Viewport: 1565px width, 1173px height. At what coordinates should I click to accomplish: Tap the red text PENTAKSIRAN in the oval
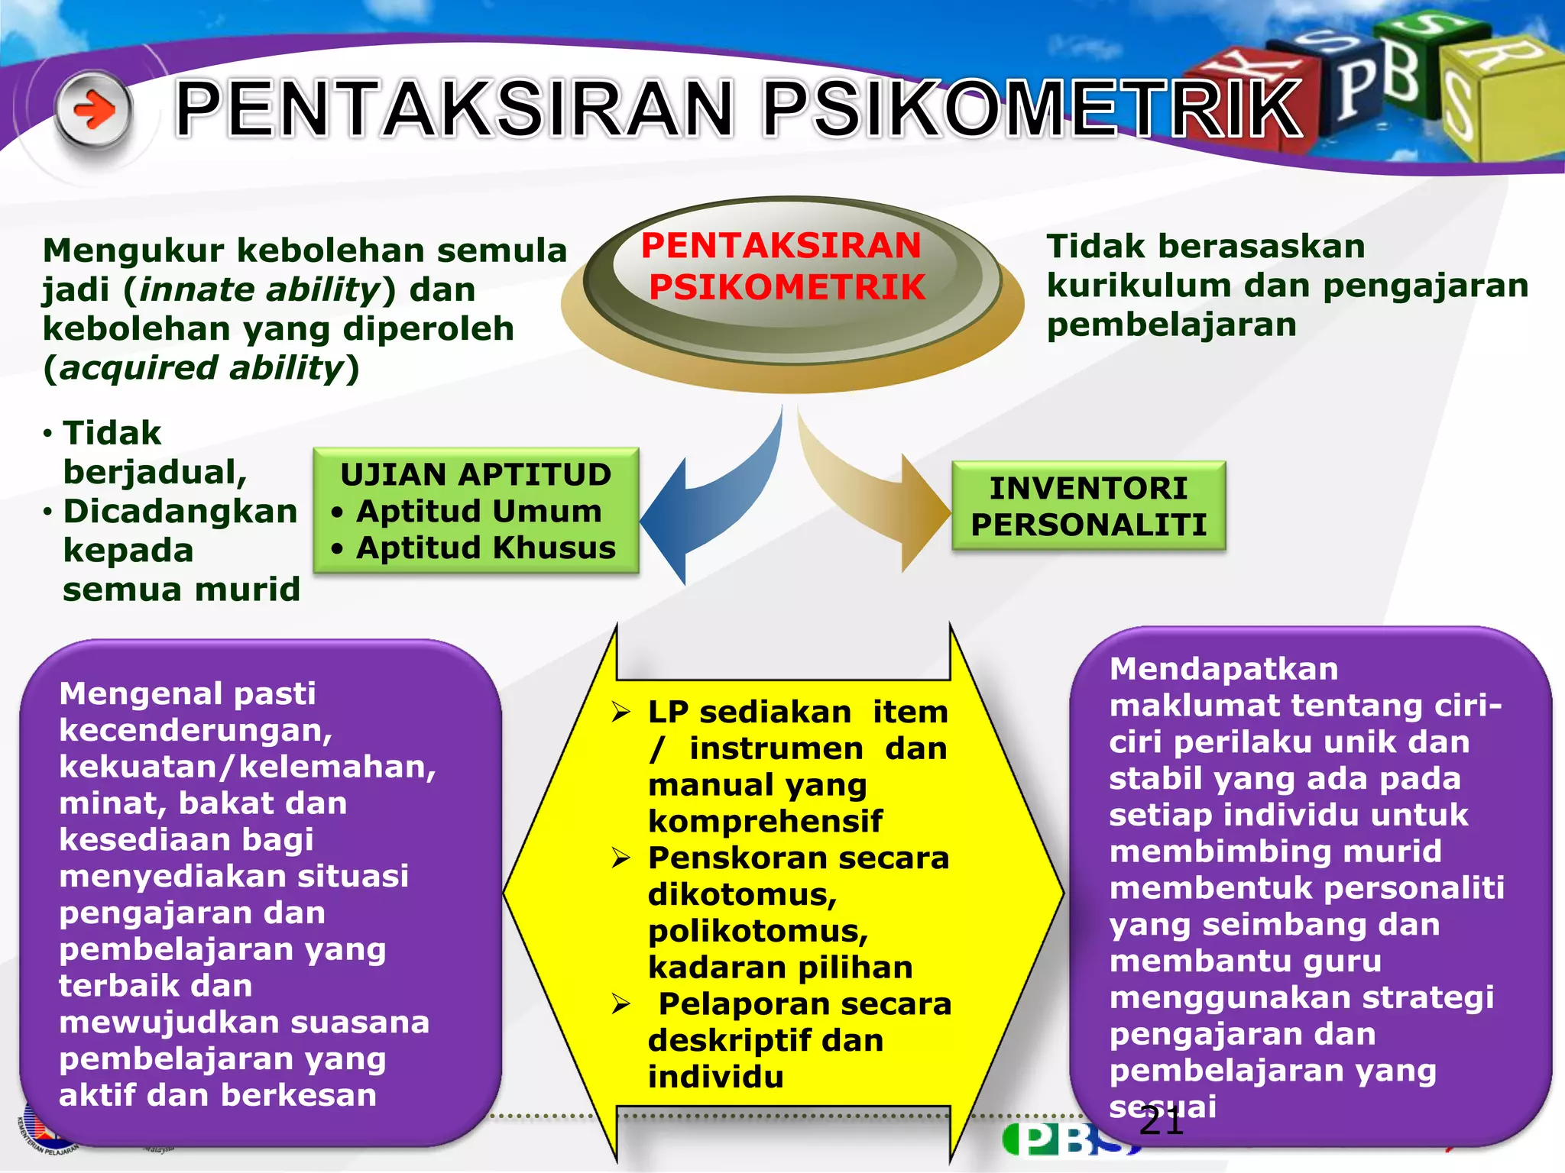pos(781,246)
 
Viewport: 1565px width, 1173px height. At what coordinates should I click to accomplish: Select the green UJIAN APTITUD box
pos(475,510)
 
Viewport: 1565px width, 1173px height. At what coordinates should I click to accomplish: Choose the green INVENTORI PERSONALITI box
pos(1088,506)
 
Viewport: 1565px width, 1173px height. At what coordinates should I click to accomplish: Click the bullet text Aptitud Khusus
pos(486,548)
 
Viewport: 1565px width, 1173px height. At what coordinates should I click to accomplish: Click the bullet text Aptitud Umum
pos(479,511)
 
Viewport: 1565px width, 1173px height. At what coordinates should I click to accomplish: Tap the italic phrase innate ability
pos(260,290)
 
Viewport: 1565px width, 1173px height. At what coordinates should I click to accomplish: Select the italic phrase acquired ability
pos(202,368)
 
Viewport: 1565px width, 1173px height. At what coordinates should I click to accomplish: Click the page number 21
pos(1161,1122)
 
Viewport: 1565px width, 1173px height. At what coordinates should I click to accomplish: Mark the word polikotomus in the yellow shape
pos(757,931)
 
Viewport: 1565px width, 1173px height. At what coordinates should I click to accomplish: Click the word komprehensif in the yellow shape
pos(765,822)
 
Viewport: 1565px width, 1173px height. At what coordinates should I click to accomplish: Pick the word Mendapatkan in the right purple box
pos(1223,669)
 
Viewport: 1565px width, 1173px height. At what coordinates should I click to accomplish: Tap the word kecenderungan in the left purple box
pos(195,731)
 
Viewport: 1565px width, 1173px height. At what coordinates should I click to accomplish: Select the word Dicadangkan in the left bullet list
pos(180,512)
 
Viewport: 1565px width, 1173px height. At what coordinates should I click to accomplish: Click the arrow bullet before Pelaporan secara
pos(620,1004)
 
